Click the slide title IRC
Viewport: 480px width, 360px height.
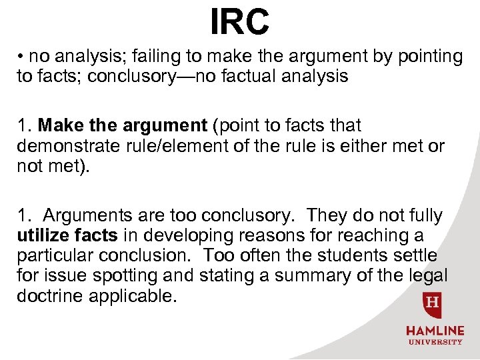[240, 21]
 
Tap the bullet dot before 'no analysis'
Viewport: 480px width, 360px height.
[21, 57]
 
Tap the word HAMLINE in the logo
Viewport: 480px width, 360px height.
[435, 331]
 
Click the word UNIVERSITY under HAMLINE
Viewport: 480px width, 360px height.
[435, 342]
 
